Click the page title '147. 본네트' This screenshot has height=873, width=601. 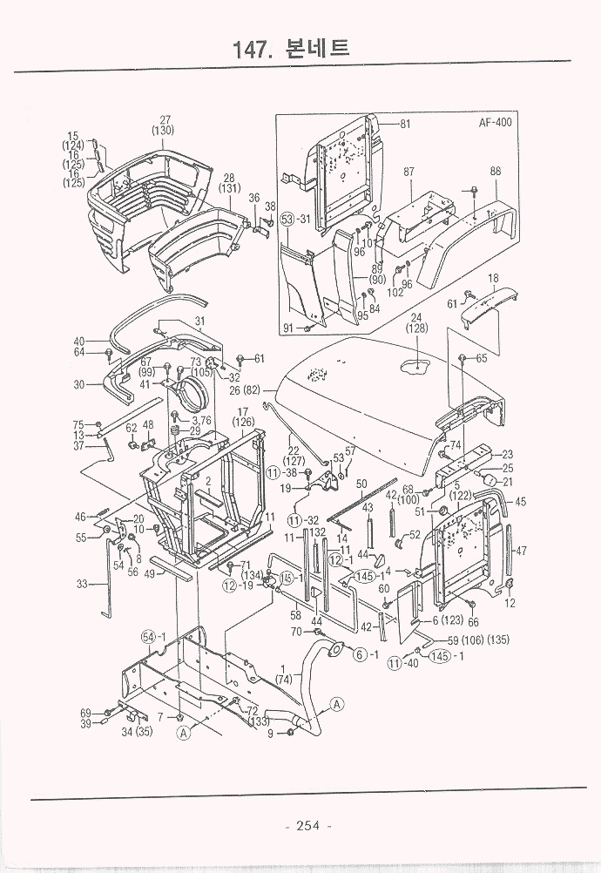click(292, 48)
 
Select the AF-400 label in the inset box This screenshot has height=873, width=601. click(495, 123)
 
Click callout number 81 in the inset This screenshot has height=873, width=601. click(404, 124)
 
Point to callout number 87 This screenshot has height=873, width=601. click(408, 173)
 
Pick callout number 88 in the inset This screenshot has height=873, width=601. click(495, 172)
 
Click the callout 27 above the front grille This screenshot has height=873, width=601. click(164, 119)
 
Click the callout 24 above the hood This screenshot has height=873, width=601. click(416, 317)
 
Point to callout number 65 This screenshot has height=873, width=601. click(482, 358)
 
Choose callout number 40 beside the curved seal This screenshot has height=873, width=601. click(79, 342)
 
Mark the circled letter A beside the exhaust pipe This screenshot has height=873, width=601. click(336, 704)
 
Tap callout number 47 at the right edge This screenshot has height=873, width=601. click(522, 551)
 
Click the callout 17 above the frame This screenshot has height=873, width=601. click(243, 411)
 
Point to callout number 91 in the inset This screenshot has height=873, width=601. click(288, 328)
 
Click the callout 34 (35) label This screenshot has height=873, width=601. click(138, 732)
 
